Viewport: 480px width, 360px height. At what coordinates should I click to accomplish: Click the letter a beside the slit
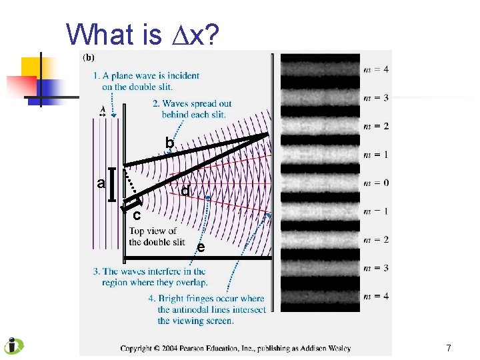[x=101, y=183]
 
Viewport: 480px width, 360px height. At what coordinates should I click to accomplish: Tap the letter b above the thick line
[x=169, y=143]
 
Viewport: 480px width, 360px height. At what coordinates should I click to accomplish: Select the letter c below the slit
[x=136, y=215]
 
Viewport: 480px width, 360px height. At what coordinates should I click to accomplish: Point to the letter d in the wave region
[x=185, y=191]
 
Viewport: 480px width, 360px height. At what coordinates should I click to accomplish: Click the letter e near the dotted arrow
[x=200, y=248]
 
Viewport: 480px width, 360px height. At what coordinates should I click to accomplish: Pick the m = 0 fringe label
[x=377, y=183]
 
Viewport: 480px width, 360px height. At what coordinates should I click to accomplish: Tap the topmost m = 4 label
[x=377, y=69]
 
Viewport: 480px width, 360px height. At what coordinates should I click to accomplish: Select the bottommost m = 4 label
[x=377, y=296]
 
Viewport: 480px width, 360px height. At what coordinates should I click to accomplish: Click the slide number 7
[x=449, y=348]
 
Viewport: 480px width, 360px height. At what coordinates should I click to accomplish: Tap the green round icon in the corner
[x=13, y=346]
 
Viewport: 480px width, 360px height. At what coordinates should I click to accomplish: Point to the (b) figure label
[x=88, y=57]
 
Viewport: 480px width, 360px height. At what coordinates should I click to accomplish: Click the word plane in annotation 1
[x=124, y=76]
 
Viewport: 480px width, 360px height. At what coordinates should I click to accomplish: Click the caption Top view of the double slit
[x=157, y=237]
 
